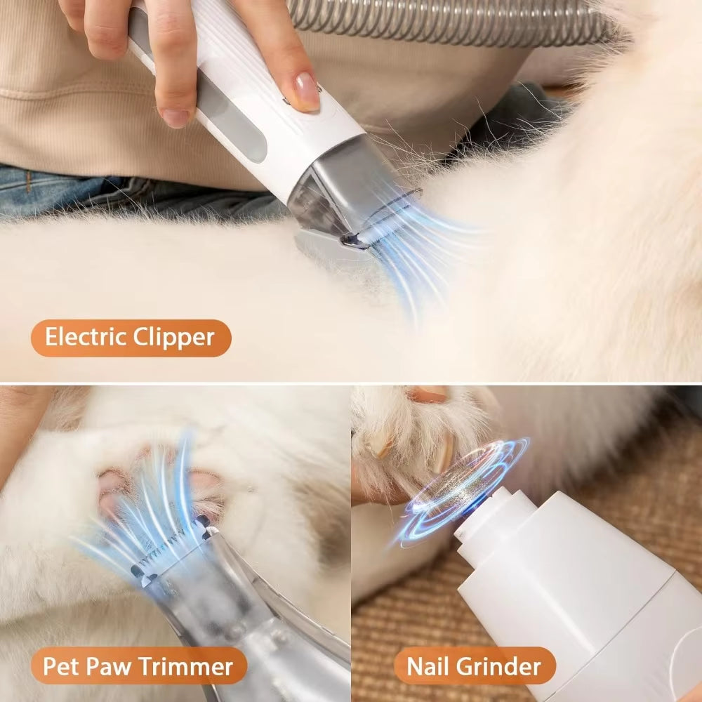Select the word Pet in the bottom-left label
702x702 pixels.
click(x=60, y=665)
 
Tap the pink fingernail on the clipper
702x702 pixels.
click(x=307, y=92)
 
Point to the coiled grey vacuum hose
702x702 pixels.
click(x=449, y=18)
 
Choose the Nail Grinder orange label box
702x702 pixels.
click(x=474, y=665)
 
